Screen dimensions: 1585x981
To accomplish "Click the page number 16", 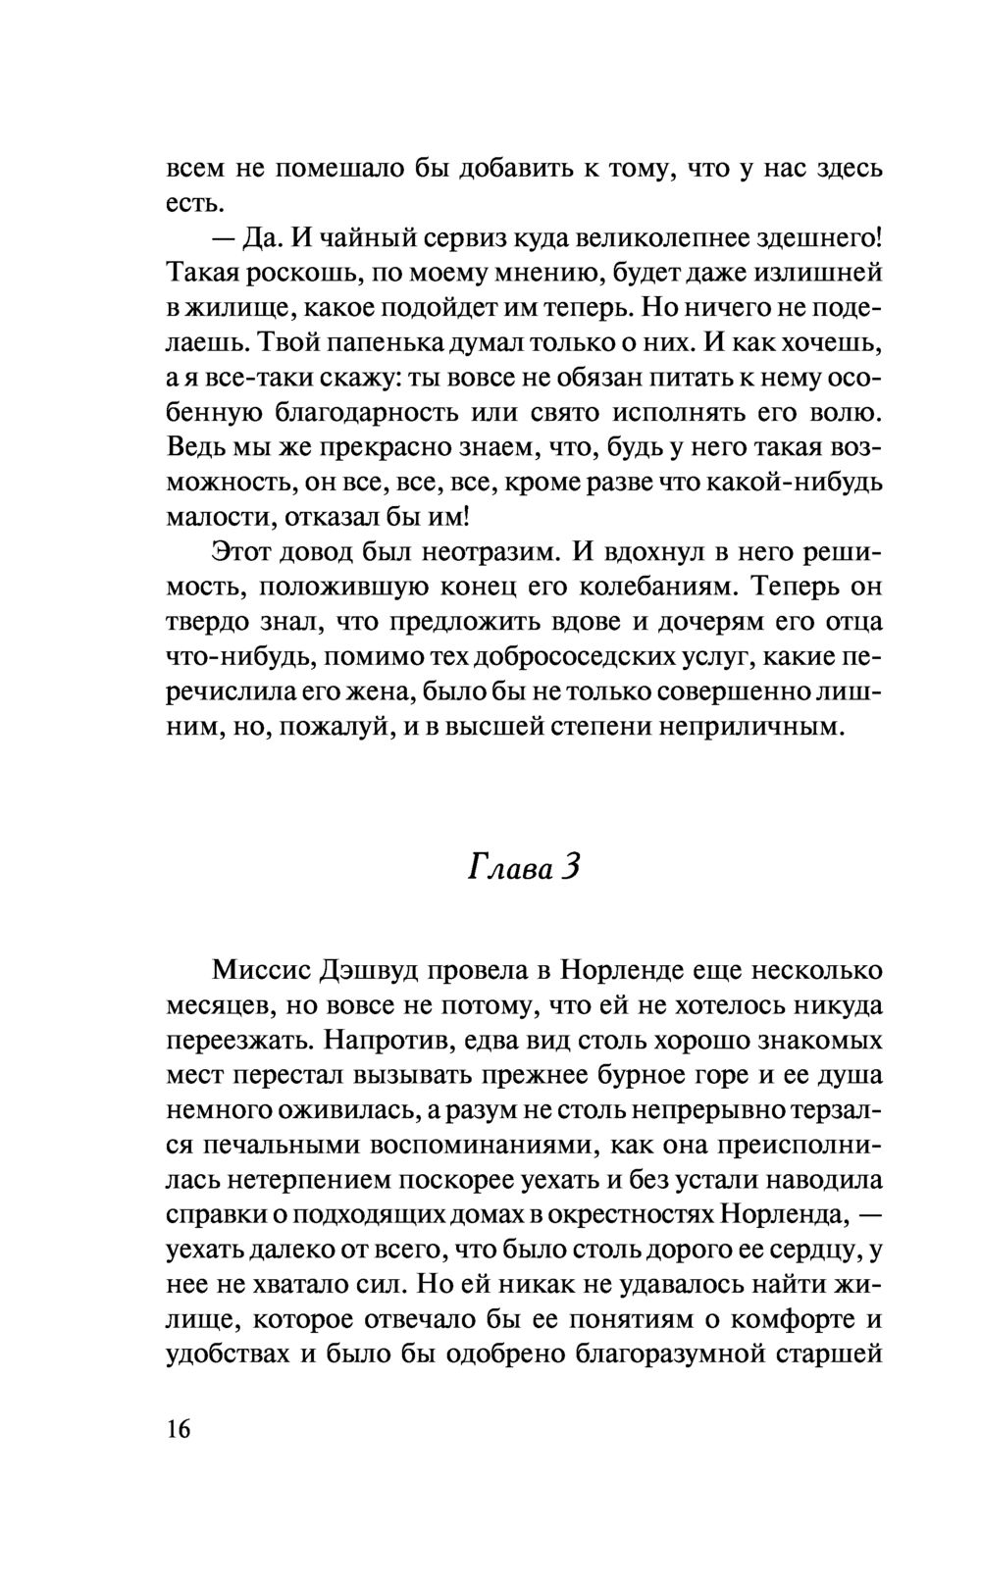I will point(178,1428).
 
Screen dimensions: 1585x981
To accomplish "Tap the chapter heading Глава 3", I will point(525,866).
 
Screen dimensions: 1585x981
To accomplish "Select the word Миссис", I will point(258,971).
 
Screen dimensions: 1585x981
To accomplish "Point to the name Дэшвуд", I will point(373,971).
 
